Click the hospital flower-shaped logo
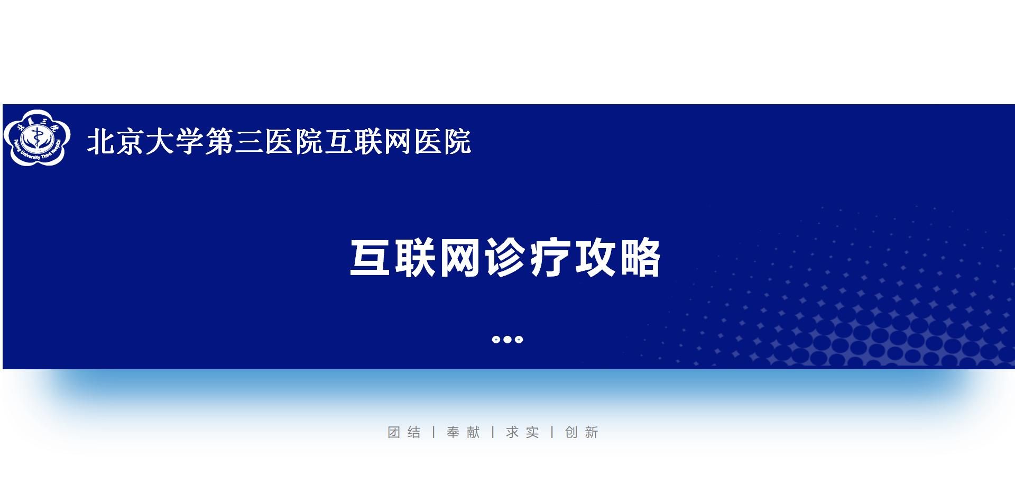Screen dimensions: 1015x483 [x=37, y=138]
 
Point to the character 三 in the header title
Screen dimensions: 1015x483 [x=249, y=142]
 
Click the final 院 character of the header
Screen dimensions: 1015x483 [x=456, y=142]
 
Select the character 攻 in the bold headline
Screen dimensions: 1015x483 [x=596, y=258]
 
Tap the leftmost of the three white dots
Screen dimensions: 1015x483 [x=496, y=340]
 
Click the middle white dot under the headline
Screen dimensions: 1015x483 [x=508, y=340]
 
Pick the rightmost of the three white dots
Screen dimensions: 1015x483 [x=519, y=340]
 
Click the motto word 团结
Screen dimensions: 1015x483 [x=404, y=432]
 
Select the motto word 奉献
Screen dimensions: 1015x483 [x=464, y=432]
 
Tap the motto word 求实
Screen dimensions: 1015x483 [x=523, y=432]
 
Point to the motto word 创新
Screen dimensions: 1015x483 [x=582, y=432]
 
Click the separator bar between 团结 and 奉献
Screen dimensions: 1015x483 [x=434, y=432]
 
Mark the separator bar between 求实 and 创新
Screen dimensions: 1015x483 [x=552, y=432]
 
